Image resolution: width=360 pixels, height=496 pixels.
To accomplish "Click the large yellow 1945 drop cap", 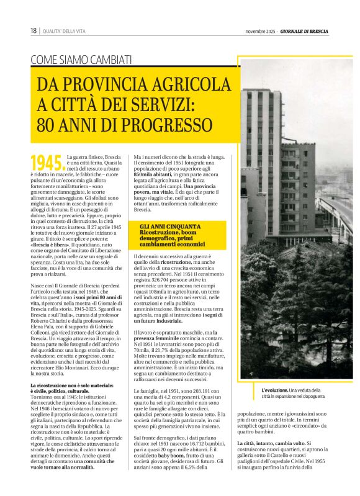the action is click(47, 163).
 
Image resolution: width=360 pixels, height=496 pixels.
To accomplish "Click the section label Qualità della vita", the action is click(64, 31).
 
